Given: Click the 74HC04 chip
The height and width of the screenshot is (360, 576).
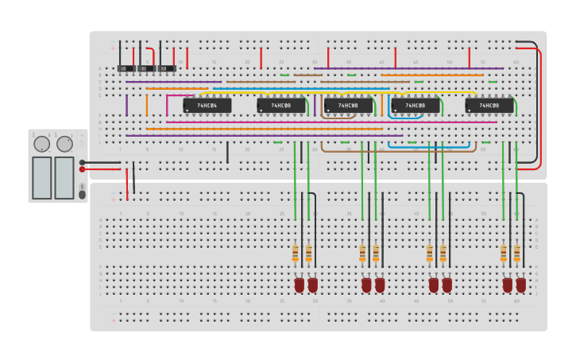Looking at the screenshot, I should tap(207, 105).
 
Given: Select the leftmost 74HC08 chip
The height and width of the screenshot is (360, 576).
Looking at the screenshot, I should tap(280, 105).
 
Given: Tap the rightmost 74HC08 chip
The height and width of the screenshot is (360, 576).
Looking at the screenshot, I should tap(489, 105).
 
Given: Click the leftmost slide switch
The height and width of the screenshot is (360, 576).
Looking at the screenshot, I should tap(126, 68).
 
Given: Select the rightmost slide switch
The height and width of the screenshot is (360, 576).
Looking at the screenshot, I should tap(165, 68).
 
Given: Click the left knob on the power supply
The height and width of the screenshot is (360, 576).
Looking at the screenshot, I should tap(41, 144).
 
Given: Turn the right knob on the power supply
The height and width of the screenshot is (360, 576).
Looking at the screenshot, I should tap(64, 144).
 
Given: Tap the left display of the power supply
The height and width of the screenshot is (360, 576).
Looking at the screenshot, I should tap(41, 177).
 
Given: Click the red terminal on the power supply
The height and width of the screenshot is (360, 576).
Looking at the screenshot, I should tap(82, 169).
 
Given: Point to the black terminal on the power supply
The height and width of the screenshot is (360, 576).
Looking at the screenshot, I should tap(82, 162).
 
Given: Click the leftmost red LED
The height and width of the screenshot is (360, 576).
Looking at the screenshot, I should tap(299, 284).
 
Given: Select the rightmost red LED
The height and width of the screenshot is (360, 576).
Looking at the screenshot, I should tap(520, 284).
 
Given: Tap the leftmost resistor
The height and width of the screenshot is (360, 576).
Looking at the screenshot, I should tap(296, 254).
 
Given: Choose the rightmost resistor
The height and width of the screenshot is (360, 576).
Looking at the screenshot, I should tap(516, 254).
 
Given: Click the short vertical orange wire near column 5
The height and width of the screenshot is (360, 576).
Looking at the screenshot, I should tap(146, 105).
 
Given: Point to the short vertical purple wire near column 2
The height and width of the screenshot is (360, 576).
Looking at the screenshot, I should tap(126, 105).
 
